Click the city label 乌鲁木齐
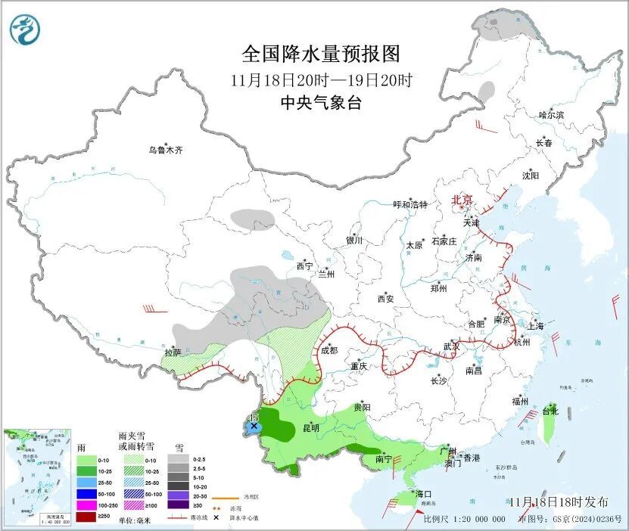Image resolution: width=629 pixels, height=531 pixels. [x=165, y=150]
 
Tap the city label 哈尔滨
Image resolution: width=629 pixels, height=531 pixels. [x=551, y=114]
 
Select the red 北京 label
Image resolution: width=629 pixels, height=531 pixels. [x=462, y=200]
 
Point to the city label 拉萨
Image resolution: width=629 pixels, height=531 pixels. [x=173, y=352]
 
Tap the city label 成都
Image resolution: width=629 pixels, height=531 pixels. [x=329, y=349]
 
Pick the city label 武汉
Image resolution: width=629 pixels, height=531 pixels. [x=452, y=346]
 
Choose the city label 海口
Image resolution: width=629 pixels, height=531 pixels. [x=422, y=494]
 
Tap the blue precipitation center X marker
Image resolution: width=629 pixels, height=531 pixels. [x=254, y=427]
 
